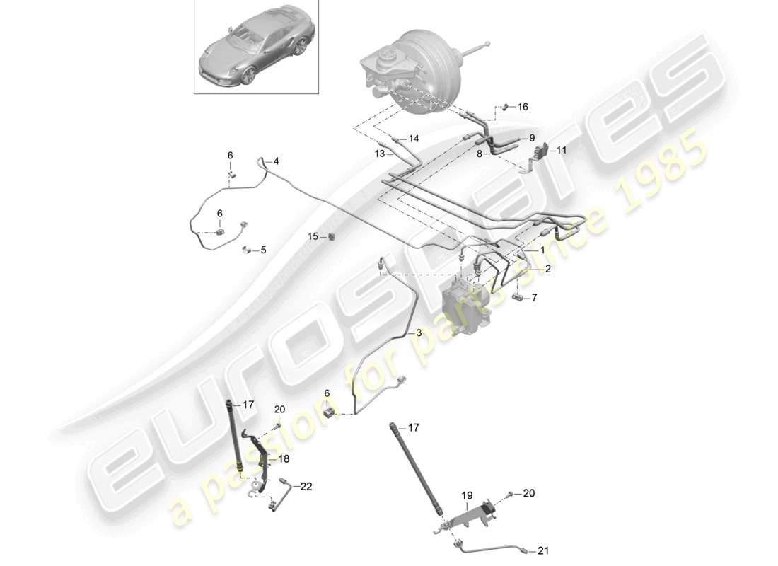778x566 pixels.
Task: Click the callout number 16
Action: click(523, 107)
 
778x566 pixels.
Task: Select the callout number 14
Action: click(414, 139)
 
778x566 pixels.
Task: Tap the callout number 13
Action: click(380, 154)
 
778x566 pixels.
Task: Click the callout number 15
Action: click(312, 236)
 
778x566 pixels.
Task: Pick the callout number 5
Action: click(263, 250)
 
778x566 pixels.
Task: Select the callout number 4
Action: click(277, 161)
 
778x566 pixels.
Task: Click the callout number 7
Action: click(534, 298)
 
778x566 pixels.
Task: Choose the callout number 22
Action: click(306, 486)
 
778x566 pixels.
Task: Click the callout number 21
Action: click(542, 550)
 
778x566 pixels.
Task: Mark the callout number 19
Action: click(466, 497)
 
